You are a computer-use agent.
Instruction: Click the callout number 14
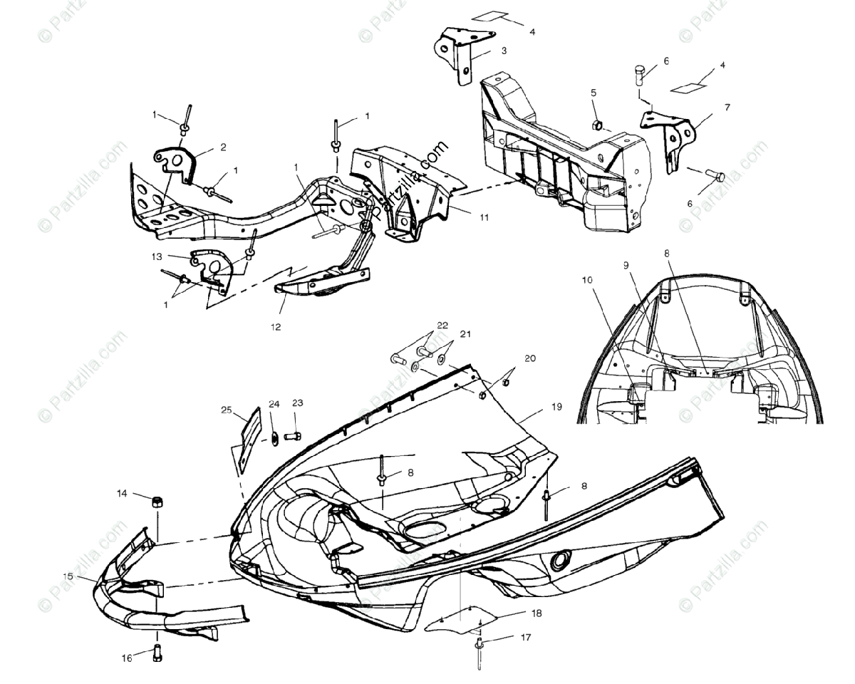(x=122, y=493)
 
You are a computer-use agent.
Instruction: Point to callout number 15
(x=68, y=575)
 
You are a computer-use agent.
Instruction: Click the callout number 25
(x=226, y=410)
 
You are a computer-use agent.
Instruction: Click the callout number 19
(x=556, y=407)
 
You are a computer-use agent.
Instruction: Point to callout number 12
(x=276, y=327)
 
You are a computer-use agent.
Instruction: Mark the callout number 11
(x=484, y=217)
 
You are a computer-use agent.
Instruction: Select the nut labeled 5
(x=599, y=126)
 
